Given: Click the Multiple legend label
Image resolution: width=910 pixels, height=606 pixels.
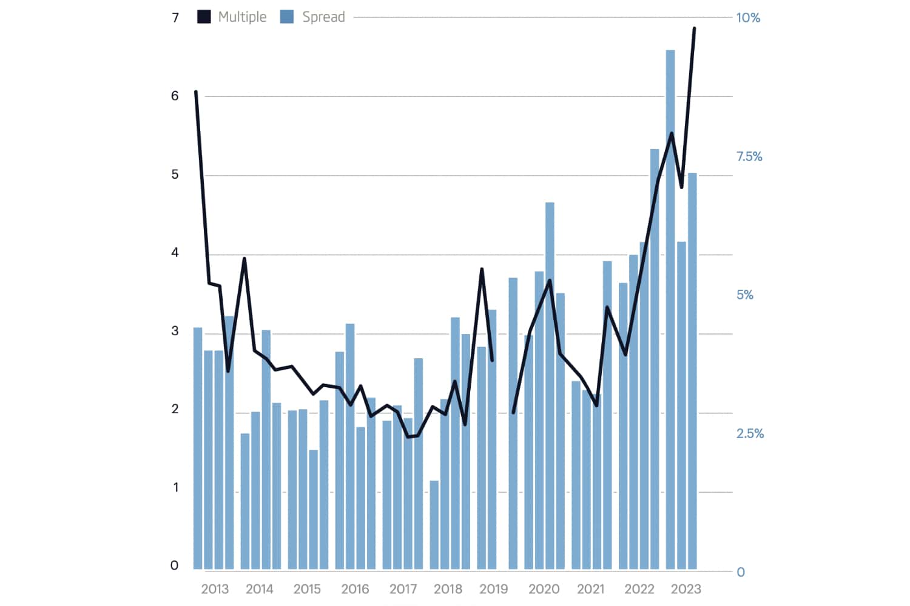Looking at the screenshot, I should tap(242, 17).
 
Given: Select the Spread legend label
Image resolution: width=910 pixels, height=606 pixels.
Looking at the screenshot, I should tap(323, 17).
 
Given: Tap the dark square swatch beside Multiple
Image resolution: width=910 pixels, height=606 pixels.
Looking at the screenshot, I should tap(204, 17).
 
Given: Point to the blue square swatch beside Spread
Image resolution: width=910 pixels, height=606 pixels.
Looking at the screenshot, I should tap(287, 17).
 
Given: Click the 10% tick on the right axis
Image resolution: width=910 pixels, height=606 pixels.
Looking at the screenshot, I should tap(747, 18).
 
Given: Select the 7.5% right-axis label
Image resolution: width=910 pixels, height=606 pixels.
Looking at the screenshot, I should tap(749, 156).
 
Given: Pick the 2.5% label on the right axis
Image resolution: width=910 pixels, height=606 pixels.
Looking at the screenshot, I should tap(750, 433).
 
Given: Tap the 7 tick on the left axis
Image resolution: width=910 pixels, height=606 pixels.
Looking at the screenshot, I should tap(175, 18).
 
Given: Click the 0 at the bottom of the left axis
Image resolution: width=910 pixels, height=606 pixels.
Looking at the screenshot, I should tap(175, 565).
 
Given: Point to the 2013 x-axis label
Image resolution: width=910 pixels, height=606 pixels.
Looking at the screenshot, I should tap(215, 589).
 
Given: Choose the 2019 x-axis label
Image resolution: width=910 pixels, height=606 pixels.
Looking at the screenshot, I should tap(493, 589).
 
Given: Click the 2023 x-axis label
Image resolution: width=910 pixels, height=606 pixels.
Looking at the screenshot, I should tap(686, 589).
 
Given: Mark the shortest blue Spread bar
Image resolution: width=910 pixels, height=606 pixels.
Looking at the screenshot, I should tap(434, 525).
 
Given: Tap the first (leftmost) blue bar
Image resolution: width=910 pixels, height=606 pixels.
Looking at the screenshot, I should tap(198, 448).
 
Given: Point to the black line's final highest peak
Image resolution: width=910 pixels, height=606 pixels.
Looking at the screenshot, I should tap(694, 28).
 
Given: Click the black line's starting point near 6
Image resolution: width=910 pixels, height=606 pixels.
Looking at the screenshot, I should tap(196, 92).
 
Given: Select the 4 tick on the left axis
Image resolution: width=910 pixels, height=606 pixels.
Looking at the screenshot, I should tap(175, 253).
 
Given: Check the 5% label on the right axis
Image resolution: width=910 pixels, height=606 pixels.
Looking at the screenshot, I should tap(745, 295).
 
